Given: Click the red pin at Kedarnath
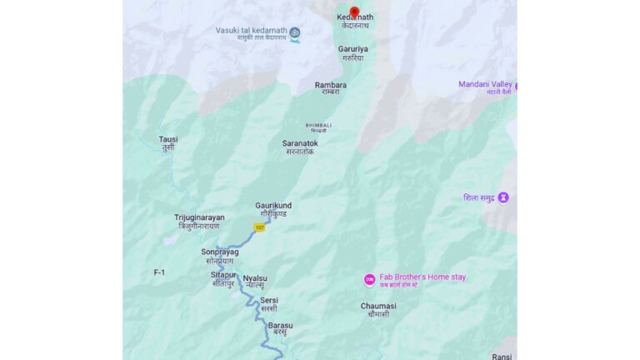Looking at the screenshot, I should point(354,12).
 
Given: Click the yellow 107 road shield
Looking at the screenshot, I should point(259,227).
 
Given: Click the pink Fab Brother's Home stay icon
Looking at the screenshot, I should point(369,279).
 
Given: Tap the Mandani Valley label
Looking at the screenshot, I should point(485,84).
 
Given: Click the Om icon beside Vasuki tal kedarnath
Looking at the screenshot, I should point(294,33).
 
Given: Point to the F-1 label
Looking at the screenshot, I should point(160,272).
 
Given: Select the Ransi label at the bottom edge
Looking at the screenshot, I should point(502,356).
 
